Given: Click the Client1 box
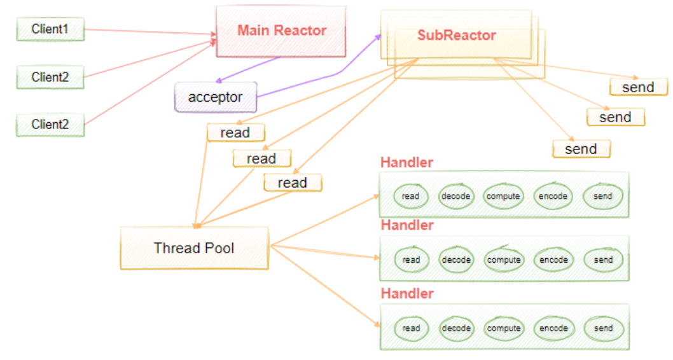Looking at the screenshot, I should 50,29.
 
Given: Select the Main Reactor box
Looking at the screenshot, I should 281,31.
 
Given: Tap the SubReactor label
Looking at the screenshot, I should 456,35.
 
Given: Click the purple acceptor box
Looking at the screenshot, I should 216,97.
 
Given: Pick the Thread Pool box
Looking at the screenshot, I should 194,247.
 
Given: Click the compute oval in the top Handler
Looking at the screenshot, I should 503,197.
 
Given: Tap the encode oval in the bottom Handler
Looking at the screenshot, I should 553,328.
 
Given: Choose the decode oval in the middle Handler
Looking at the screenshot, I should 456,260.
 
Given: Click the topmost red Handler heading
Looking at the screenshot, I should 406,162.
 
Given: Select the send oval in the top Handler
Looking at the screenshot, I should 602,197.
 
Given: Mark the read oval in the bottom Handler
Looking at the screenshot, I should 411,328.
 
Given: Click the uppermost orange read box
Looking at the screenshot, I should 235,133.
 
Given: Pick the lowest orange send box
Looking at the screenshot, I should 581,149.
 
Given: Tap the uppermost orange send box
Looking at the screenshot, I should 638,87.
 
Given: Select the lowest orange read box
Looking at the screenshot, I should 293,183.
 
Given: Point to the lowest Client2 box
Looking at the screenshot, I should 50,125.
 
